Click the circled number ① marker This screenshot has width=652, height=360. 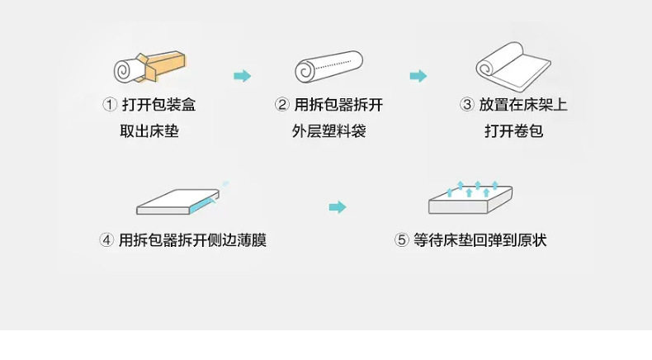tap(109, 105)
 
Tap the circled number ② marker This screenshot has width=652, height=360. tap(282, 105)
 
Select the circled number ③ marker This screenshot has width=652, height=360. tap(466, 105)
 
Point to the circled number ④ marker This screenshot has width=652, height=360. tap(106, 240)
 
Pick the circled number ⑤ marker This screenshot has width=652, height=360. tap(402, 240)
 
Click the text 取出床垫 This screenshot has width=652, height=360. tap(149, 130)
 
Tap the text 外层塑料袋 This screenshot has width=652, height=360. tap(328, 130)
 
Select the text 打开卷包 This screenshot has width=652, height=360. tap(513, 130)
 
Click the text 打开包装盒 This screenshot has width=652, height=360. tap(158, 105)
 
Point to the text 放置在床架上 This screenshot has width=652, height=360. tap(523, 105)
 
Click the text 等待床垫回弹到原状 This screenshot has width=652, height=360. tap(480, 240)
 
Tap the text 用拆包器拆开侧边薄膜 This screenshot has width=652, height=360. tap(192, 240)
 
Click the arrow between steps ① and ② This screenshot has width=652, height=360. tap(242, 76)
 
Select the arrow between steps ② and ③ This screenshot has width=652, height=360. tap(418, 76)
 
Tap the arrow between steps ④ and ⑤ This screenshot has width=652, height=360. tap(337, 206)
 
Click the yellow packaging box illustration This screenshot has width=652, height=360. tap(165, 67)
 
